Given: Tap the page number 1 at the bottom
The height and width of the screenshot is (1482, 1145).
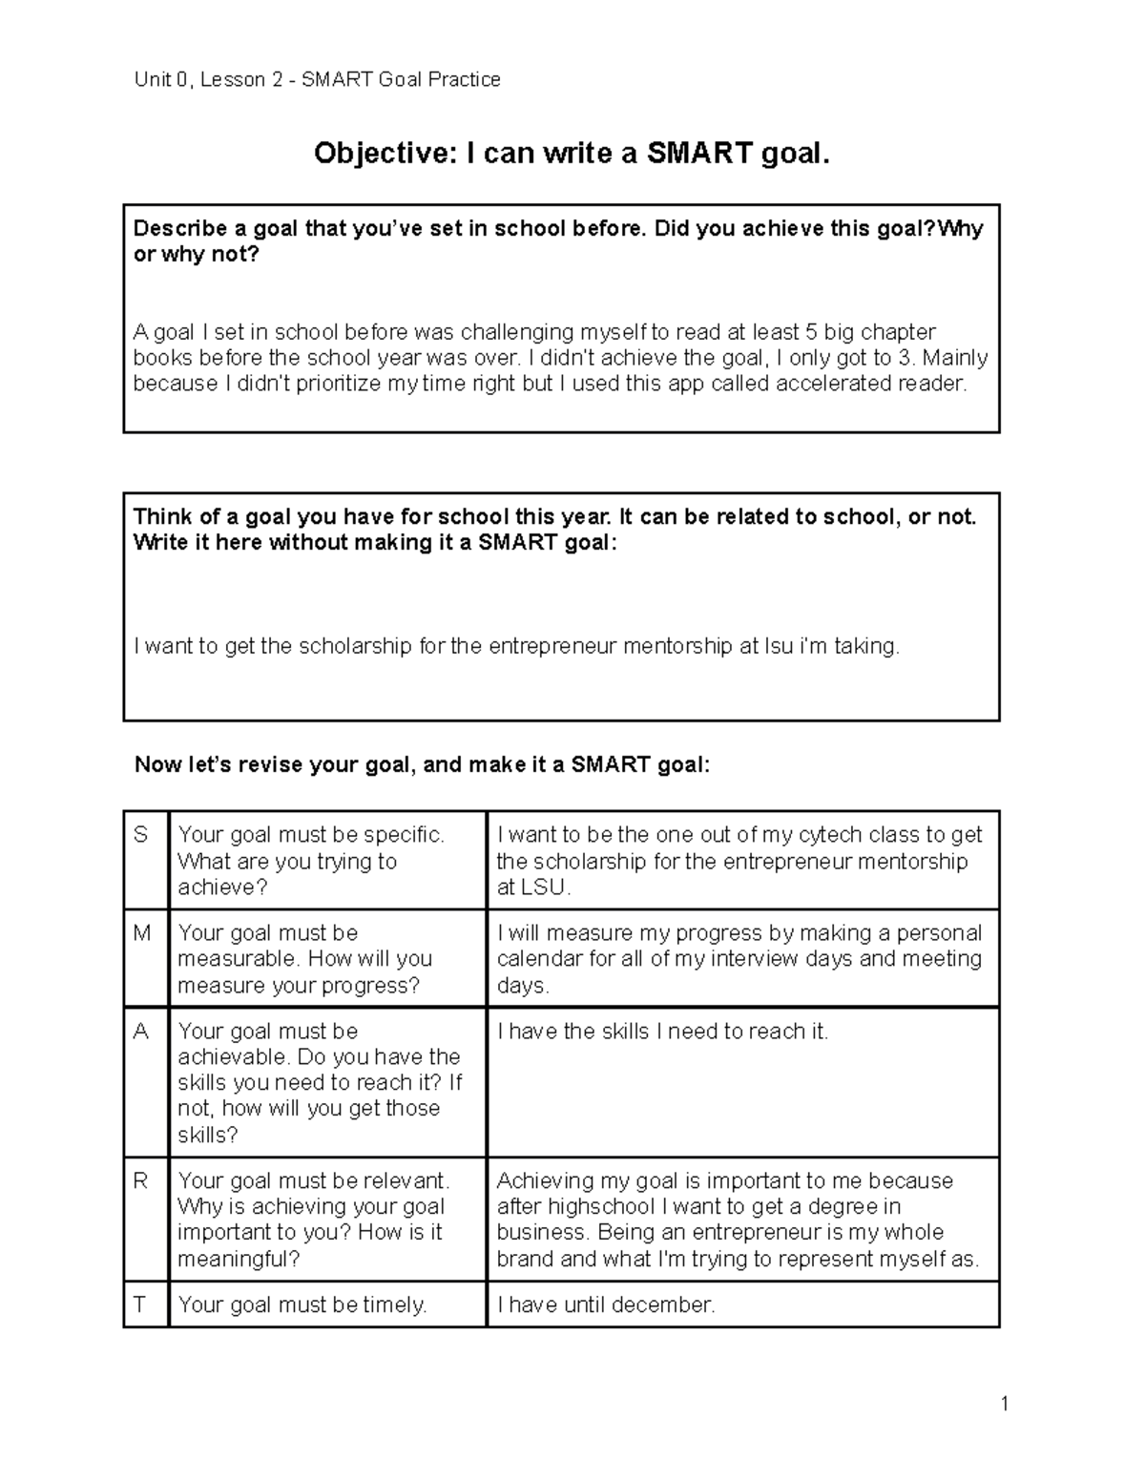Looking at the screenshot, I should [1005, 1403].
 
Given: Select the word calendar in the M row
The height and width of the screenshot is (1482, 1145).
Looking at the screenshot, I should [539, 959].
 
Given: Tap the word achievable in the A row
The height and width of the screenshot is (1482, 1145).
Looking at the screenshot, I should [232, 1057].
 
